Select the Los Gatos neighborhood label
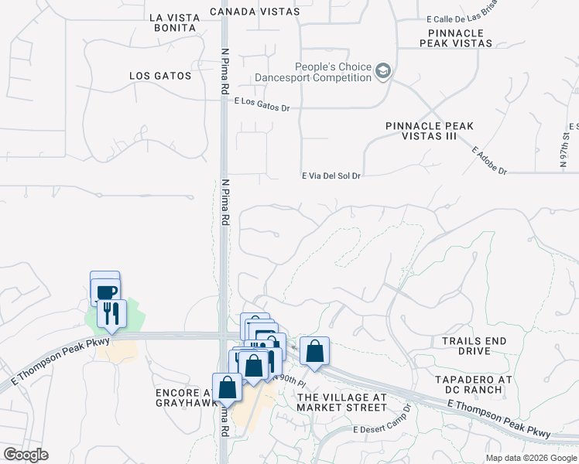(x=160, y=76)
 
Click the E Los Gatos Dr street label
(x=262, y=103)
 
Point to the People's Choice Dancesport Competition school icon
(x=382, y=72)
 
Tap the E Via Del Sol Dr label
(x=331, y=176)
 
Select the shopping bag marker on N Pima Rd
(x=228, y=387)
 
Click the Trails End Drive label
(x=477, y=346)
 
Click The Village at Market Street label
(x=341, y=402)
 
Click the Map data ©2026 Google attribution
(x=530, y=458)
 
